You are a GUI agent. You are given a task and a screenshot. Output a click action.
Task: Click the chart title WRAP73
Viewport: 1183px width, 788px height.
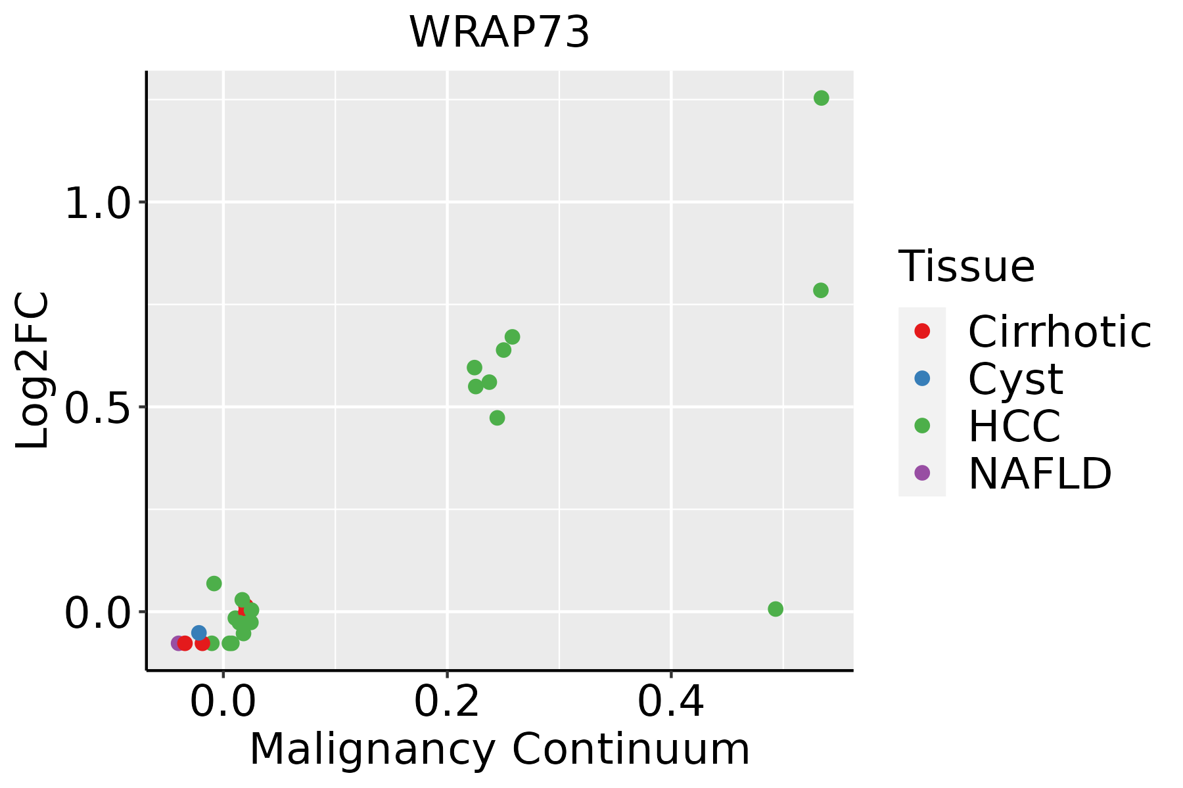(499, 33)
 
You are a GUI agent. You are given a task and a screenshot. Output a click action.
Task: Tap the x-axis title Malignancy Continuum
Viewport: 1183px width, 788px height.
(499, 749)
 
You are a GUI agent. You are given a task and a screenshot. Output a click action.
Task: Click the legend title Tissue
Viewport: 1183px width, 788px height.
(966, 267)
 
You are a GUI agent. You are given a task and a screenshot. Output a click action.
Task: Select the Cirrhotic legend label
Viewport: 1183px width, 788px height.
(1059, 332)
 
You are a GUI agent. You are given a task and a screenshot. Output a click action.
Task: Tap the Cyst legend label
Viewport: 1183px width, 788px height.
(1015, 379)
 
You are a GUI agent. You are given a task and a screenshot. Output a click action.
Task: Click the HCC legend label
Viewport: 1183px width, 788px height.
(1014, 426)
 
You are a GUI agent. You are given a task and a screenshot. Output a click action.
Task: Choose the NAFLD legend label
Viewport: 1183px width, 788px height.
(1040, 473)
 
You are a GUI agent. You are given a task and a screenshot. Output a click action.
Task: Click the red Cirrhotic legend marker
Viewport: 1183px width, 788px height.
(922, 331)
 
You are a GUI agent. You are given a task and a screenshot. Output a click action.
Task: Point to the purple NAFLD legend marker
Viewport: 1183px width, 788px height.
(922, 472)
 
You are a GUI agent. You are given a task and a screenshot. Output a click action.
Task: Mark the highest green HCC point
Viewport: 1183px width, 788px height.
(821, 98)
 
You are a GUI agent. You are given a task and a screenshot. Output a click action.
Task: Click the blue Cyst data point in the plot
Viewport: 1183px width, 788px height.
(198, 633)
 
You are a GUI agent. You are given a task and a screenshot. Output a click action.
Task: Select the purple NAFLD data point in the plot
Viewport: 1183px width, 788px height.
(177, 643)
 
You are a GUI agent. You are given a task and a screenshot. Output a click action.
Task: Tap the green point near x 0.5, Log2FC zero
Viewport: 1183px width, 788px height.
(776, 609)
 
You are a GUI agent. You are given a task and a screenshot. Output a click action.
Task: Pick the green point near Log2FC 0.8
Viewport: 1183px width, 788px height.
(820, 290)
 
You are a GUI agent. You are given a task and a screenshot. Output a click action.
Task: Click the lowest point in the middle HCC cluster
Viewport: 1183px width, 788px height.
(497, 418)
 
